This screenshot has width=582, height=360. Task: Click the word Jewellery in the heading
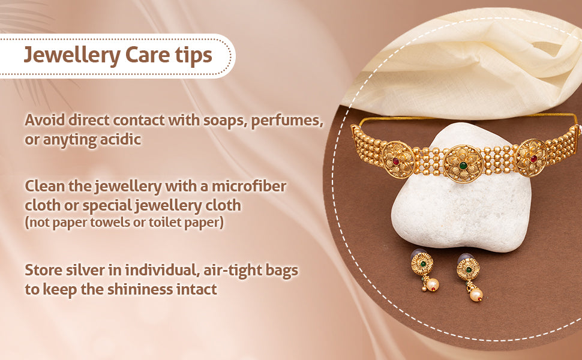point(72,55)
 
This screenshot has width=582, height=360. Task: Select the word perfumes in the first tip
point(287,121)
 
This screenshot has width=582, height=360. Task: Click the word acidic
point(120,140)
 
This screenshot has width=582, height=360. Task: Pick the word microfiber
point(249,186)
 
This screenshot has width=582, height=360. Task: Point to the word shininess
point(140,289)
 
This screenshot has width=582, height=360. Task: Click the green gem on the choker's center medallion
point(463,166)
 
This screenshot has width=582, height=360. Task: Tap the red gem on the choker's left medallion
point(396,161)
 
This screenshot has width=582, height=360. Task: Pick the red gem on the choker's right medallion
point(533,159)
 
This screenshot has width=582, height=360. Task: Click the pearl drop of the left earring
point(433,284)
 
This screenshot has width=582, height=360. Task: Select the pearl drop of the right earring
point(476,295)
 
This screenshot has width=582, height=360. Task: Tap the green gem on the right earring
point(469,269)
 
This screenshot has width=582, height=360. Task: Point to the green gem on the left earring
point(422,263)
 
